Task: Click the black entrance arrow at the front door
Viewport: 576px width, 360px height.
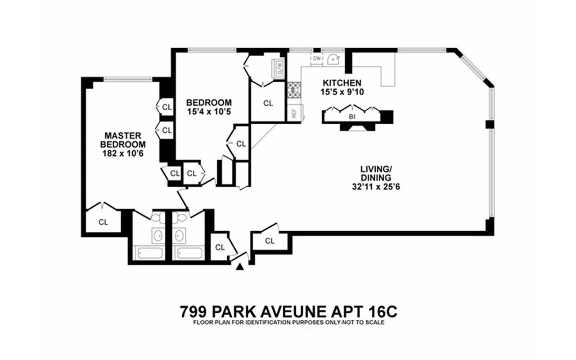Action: [x=240, y=267]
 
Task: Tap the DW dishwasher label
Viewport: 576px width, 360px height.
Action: [x=317, y=58]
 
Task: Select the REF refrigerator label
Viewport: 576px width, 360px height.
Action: [x=294, y=113]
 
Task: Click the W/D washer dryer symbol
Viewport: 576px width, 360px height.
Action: [x=278, y=67]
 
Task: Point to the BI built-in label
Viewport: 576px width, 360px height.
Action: [x=352, y=116]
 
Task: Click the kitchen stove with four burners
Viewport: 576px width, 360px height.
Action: [x=294, y=90]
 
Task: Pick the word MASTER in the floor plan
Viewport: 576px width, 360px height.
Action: [x=123, y=135]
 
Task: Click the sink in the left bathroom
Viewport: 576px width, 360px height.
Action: [x=158, y=235]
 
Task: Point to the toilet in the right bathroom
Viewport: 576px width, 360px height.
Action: [x=181, y=218]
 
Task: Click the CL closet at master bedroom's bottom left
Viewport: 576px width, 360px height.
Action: [x=103, y=221]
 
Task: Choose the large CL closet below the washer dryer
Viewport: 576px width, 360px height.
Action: [x=268, y=103]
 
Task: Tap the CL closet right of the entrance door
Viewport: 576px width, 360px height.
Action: [x=270, y=241]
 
